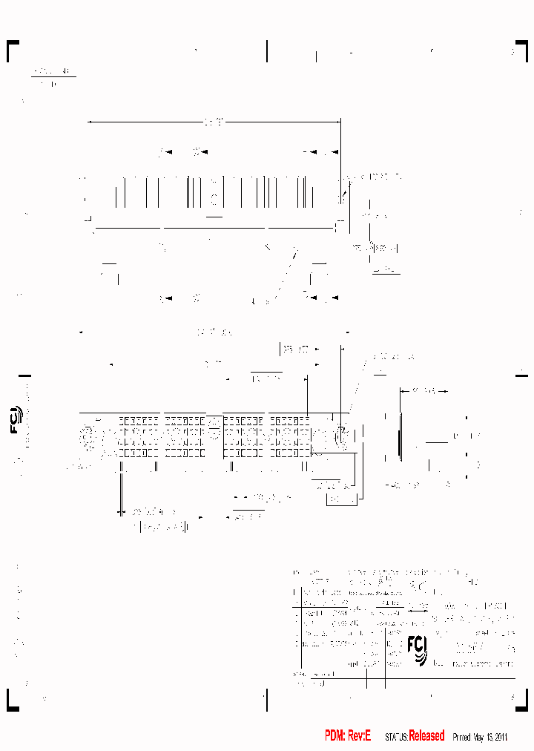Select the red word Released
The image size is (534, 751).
point(426,735)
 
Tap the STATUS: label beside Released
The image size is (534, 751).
point(396,737)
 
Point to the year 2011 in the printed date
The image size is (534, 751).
point(499,737)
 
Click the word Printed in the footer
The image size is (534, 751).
point(461,737)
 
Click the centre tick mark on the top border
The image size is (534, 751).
point(266,50)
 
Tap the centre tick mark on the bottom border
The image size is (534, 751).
point(266,699)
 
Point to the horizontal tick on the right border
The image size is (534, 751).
point(522,375)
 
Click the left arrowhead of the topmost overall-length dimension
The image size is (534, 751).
point(90,122)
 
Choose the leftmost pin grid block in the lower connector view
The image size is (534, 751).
point(139,436)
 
